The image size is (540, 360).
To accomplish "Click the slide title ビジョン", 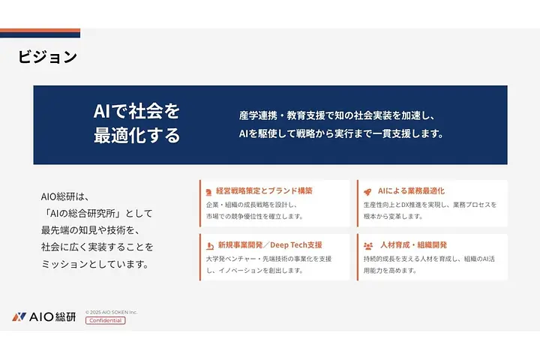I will [x=47, y=57].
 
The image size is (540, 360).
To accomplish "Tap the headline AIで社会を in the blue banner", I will [x=136, y=111].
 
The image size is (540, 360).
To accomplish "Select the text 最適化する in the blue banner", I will [x=136, y=136].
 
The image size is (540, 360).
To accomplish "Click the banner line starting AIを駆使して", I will [x=341, y=135].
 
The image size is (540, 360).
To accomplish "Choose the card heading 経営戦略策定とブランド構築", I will [x=264, y=190].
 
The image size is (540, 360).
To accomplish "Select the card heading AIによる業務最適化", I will [x=411, y=190].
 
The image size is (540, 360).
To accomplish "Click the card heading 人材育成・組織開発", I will [x=413, y=244].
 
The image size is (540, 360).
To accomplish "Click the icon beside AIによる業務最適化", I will [x=367, y=190].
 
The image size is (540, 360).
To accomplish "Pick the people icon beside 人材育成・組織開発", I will [x=367, y=245].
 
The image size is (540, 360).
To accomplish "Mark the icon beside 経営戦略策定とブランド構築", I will [x=208, y=190].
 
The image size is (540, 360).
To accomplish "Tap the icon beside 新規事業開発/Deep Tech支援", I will [x=208, y=245].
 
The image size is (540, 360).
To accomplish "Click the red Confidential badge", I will [x=105, y=320].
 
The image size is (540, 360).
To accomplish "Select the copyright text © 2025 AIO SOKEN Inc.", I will [x=111, y=312].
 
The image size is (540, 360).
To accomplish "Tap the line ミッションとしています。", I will [x=94, y=264].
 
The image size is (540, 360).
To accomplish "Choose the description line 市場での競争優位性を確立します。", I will [x=254, y=216].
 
